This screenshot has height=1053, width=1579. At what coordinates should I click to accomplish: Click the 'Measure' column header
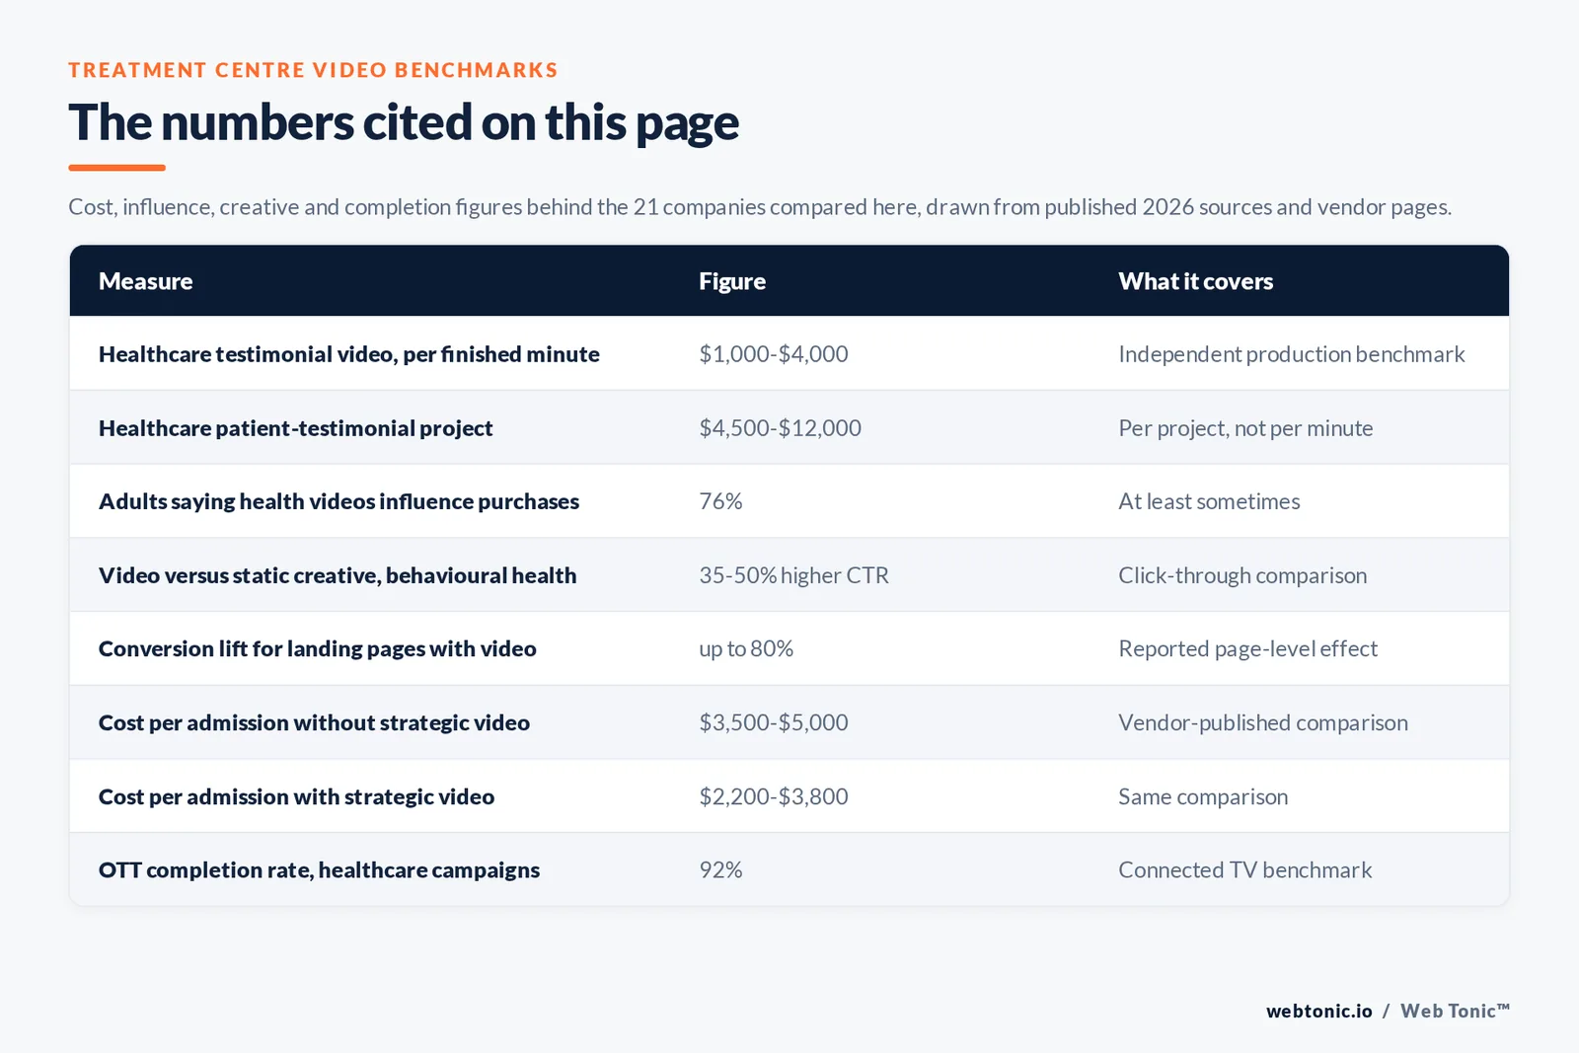click(x=145, y=281)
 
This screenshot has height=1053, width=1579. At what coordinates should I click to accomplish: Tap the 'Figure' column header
click(x=731, y=281)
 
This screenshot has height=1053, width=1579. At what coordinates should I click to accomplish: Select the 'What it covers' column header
click(x=1195, y=281)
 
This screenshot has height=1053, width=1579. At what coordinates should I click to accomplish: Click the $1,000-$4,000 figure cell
click(x=774, y=354)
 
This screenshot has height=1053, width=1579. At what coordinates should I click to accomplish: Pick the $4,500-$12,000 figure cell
click(x=780, y=428)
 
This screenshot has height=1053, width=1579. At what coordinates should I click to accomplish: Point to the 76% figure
click(x=720, y=501)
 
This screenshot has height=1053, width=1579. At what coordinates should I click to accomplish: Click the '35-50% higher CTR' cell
click(x=793, y=575)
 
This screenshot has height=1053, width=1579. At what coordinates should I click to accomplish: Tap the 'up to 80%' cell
click(x=746, y=648)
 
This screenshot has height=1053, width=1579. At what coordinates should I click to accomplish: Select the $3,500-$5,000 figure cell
click(x=774, y=722)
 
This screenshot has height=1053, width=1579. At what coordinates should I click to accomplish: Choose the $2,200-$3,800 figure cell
click(x=774, y=796)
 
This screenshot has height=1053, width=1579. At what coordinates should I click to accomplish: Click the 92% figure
click(x=720, y=869)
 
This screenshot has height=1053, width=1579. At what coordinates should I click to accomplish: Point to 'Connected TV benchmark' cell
click(x=1244, y=869)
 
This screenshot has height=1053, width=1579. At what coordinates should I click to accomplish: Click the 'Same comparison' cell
click(x=1203, y=796)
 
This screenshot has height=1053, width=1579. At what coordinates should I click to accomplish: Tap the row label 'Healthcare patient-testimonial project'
click(x=295, y=428)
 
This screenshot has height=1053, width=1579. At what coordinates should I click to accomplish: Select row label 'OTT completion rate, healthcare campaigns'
click(x=319, y=869)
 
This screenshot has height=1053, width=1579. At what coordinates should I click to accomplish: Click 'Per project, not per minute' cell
click(x=1245, y=428)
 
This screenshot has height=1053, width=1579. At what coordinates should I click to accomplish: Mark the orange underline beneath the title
click(x=117, y=168)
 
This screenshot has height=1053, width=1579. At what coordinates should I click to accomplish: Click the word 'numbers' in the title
click(x=258, y=122)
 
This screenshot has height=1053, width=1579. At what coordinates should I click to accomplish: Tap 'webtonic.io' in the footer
click(x=1318, y=1011)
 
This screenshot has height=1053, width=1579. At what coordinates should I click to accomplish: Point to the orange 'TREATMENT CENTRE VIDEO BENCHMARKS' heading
click(x=313, y=70)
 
